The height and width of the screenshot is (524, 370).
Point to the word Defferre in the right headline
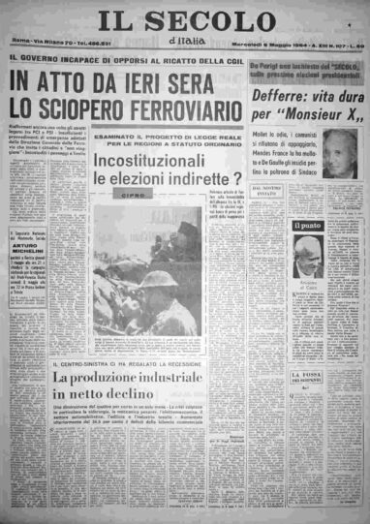(280, 97)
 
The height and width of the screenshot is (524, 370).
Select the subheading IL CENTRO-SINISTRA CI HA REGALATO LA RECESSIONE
(136, 361)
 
